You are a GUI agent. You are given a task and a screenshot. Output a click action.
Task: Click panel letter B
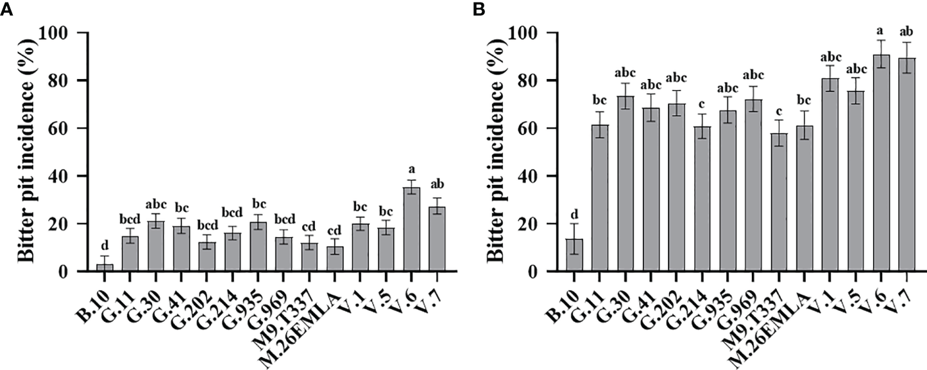pos(477,9)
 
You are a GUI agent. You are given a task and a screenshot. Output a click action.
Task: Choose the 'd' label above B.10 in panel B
pos(574,213)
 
